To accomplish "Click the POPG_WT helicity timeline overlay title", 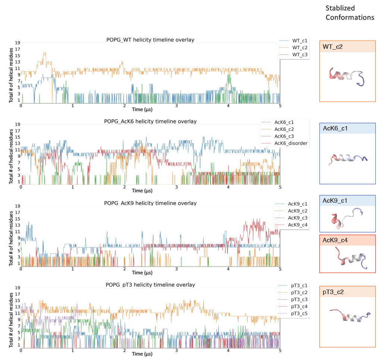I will coord(150,40).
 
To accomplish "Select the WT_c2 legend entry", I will coord(299,47).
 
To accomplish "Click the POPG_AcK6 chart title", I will coord(150,121).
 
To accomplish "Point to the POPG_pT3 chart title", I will coord(150,285).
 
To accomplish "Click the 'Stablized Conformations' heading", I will coord(350,13).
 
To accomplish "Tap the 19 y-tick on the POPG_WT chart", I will coord(17,43).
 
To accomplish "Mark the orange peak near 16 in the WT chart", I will coord(44,53).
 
